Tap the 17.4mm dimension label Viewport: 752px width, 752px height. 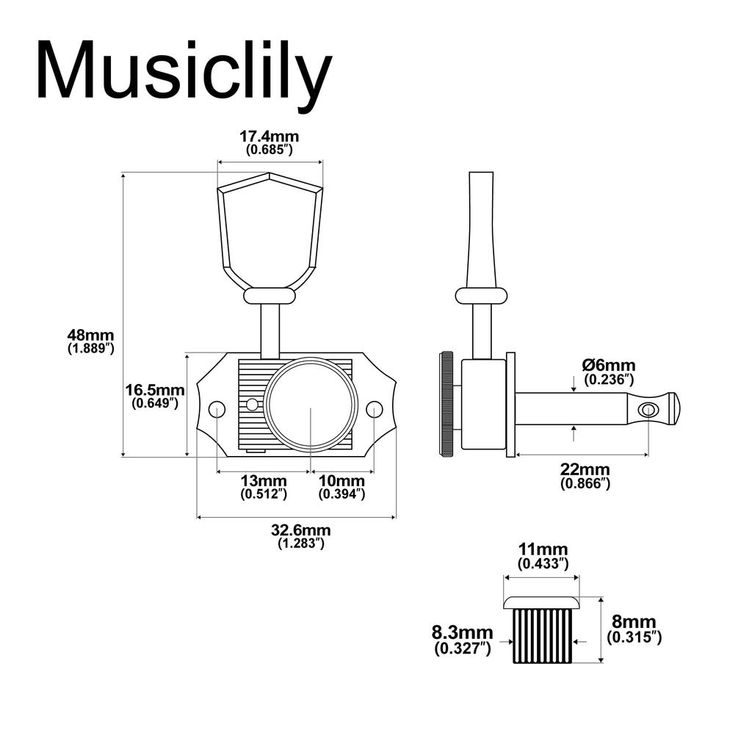point(270,137)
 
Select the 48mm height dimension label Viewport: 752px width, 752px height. point(90,335)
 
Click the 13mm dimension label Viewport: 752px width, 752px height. point(264,480)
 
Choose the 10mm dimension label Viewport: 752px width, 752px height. point(341,480)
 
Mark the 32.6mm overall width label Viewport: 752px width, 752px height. point(300,530)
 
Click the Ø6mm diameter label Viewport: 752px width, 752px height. point(609,365)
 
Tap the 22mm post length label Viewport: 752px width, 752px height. point(585,470)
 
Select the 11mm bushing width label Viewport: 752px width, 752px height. point(543,550)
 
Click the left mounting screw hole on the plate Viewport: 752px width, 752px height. point(217,410)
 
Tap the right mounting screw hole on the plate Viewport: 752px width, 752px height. point(375,409)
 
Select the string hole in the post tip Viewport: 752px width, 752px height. point(648,409)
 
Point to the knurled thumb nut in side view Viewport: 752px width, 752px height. point(446,405)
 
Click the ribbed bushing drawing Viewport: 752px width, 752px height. point(541,632)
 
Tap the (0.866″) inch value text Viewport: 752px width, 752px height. point(585,484)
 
